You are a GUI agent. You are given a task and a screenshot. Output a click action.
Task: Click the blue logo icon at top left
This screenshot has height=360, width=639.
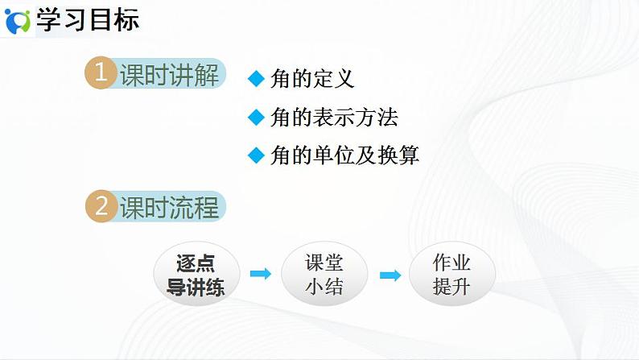click(x=18, y=21)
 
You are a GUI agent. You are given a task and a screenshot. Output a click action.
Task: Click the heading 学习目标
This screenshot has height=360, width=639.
click(x=88, y=20)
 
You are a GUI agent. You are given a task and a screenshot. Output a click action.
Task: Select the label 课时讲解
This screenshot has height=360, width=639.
click(x=169, y=76)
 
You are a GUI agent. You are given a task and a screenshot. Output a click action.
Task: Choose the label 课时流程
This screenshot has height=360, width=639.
click(x=169, y=208)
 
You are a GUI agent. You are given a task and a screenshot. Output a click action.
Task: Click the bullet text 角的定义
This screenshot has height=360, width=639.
click(x=311, y=79)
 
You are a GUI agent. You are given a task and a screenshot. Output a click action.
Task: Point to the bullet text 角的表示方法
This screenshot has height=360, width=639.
click(x=333, y=118)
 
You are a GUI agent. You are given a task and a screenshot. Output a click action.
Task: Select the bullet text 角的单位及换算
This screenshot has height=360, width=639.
click(x=344, y=155)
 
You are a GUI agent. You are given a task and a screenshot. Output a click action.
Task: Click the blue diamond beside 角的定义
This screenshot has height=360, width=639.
click(x=256, y=79)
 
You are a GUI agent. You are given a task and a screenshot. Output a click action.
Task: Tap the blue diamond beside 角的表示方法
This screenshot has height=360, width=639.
click(x=256, y=118)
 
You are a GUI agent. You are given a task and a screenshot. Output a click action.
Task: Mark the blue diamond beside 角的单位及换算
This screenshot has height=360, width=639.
click(x=256, y=155)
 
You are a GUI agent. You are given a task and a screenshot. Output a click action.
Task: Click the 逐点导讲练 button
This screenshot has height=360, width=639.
click(x=196, y=275)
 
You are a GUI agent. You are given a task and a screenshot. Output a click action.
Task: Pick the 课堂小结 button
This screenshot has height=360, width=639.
click(x=324, y=275)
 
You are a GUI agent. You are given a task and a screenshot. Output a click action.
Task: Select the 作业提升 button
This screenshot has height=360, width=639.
click(x=451, y=275)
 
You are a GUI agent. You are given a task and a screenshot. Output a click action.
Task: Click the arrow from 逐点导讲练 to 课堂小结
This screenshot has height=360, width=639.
click(x=260, y=275)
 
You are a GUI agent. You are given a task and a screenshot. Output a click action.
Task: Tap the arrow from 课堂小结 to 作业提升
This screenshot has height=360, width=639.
click(x=390, y=275)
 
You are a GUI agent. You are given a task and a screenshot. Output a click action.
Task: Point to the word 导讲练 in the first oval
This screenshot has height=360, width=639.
click(x=196, y=287)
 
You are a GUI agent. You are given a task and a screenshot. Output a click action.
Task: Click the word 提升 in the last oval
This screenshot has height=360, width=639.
click(x=451, y=287)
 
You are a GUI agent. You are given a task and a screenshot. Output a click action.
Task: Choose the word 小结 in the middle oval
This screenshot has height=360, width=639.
click(x=324, y=287)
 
